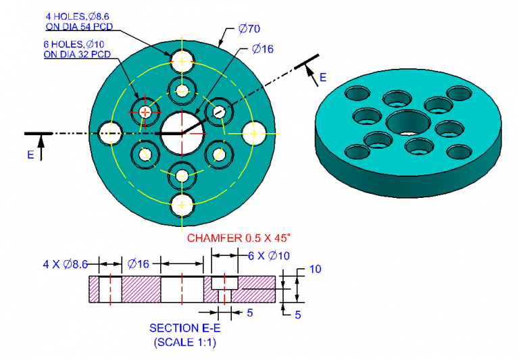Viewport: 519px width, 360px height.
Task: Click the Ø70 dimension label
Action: click(249, 29)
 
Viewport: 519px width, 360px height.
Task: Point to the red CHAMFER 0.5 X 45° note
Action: click(239, 238)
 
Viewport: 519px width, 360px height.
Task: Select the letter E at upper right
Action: click(323, 78)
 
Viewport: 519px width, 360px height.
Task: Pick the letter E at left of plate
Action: click(31, 155)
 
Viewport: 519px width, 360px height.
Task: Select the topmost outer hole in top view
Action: click(182, 61)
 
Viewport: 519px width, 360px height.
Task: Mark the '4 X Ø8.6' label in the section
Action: click(65, 264)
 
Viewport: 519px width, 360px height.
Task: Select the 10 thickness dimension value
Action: click(315, 269)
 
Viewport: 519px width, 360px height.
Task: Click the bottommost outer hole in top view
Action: click(182, 204)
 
